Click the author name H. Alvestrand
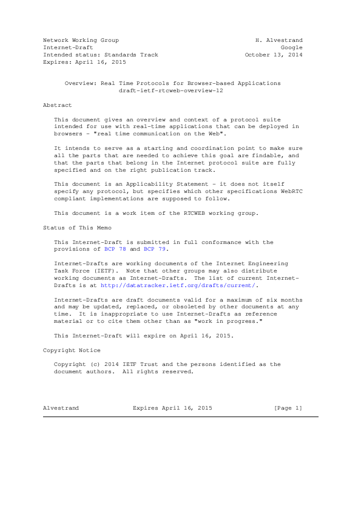(280, 40)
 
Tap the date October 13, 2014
(274, 55)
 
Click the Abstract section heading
(57, 105)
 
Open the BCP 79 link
(154, 249)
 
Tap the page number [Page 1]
(288, 407)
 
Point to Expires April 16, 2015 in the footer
(172, 407)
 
